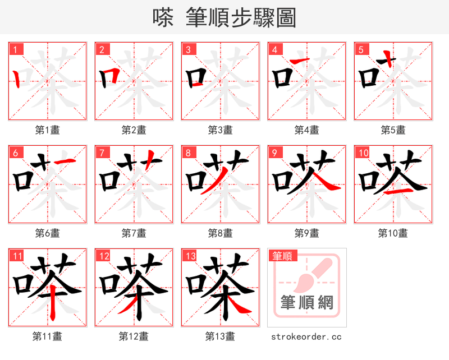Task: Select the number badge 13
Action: click(189, 256)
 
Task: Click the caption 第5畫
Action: click(393, 130)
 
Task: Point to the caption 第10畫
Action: click(393, 233)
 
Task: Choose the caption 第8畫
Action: click(220, 233)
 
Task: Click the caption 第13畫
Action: click(220, 336)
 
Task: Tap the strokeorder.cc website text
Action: click(306, 336)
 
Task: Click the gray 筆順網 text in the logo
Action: click(306, 303)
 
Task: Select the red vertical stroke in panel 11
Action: click(52, 303)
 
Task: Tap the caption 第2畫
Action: click(134, 130)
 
